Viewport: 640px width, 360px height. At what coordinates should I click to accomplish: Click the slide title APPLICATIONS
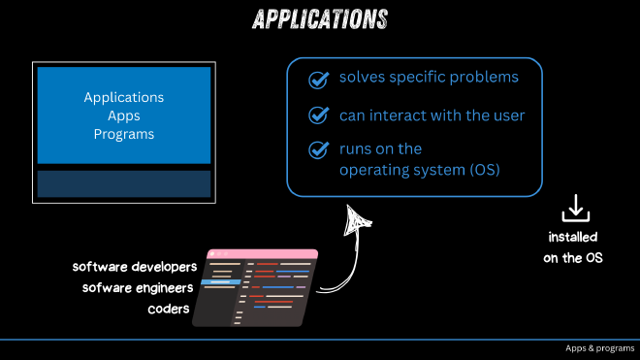tap(320, 19)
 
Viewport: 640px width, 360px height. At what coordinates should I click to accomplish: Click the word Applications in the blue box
tap(124, 98)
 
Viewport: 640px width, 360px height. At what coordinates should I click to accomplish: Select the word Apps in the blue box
tap(124, 115)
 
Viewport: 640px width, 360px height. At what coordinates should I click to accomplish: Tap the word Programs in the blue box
tap(124, 134)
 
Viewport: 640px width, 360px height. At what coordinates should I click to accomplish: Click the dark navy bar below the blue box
tap(124, 183)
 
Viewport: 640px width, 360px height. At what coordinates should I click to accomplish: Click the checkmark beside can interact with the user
tap(318, 115)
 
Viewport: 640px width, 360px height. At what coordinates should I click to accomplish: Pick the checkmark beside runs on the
tap(318, 150)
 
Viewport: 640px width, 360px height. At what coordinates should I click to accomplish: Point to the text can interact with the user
tap(432, 115)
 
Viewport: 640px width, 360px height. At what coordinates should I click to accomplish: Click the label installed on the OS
tap(573, 247)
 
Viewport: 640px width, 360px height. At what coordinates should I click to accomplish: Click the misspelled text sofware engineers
tap(138, 287)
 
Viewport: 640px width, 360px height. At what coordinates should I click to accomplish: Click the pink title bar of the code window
tap(261, 253)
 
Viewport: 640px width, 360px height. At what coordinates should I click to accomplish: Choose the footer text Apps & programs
tap(598, 348)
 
